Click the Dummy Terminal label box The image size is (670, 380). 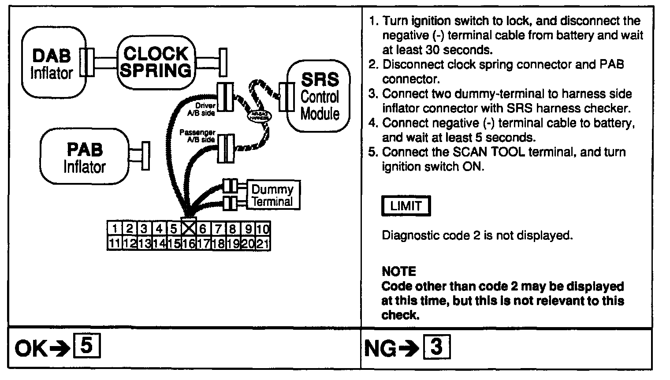click(x=272, y=195)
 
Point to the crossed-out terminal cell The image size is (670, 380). click(x=189, y=228)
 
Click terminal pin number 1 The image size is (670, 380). click(x=115, y=229)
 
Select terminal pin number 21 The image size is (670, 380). click(x=263, y=244)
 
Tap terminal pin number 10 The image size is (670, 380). click(x=263, y=229)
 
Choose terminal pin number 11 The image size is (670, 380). click(x=115, y=244)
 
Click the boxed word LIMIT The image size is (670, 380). click(x=406, y=206)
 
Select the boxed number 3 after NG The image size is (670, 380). click(x=436, y=347)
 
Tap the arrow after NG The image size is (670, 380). click(x=409, y=349)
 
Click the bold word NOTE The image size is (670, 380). click(x=398, y=271)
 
